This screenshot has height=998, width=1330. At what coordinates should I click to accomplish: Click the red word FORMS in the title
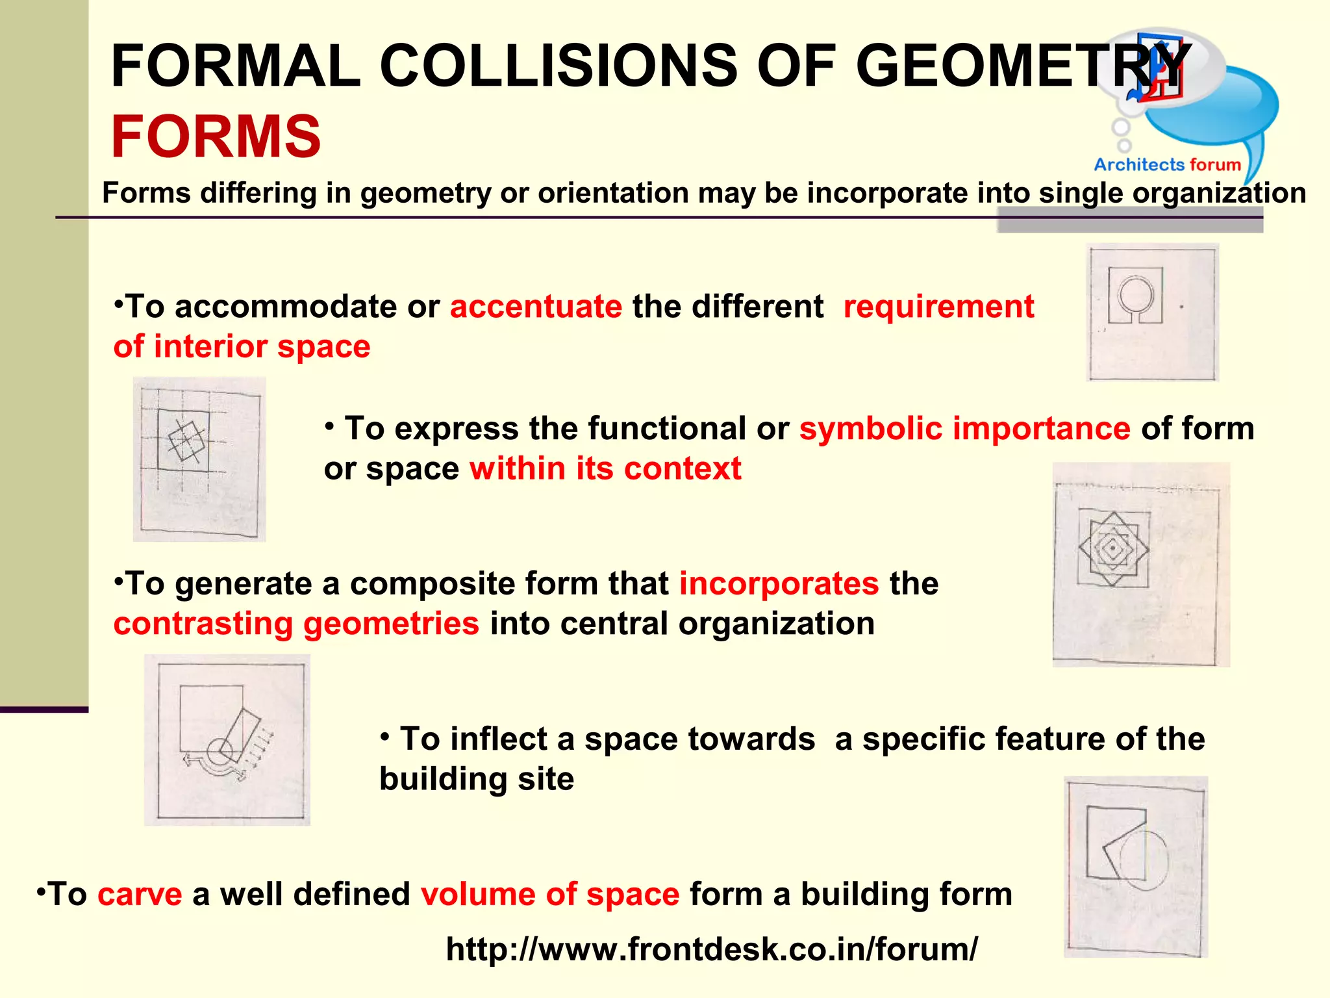pyautogui.click(x=216, y=136)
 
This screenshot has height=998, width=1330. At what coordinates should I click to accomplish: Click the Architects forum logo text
pyautogui.click(x=1167, y=165)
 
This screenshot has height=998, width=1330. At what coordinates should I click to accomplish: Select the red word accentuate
pyautogui.click(x=536, y=306)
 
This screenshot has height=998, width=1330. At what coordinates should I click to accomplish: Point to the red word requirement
pyautogui.click(x=938, y=306)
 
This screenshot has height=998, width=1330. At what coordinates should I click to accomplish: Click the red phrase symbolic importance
pyautogui.click(x=964, y=429)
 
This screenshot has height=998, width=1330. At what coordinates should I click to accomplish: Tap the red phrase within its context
pyautogui.click(x=605, y=468)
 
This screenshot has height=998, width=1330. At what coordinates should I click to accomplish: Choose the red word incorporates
pyautogui.click(x=779, y=583)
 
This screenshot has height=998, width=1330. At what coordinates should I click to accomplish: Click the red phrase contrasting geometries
pyautogui.click(x=296, y=623)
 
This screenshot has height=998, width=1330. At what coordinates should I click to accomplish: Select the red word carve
pyautogui.click(x=140, y=894)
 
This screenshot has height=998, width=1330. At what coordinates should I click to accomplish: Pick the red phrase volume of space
pyautogui.click(x=550, y=894)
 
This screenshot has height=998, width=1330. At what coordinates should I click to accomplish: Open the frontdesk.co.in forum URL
pyautogui.click(x=711, y=949)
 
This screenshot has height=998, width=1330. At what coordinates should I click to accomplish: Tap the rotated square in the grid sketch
pyautogui.click(x=187, y=441)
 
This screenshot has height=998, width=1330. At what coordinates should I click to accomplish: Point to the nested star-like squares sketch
pyautogui.click(x=1113, y=549)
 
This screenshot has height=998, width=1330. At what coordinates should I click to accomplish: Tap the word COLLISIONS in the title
pyautogui.click(x=558, y=66)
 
